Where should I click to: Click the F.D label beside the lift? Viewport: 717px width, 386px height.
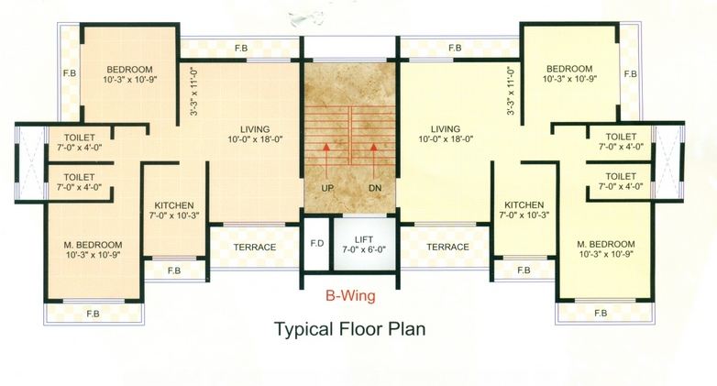click(x=317, y=244)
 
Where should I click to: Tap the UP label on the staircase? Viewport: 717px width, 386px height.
click(x=327, y=188)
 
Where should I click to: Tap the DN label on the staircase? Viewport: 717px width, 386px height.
click(x=374, y=188)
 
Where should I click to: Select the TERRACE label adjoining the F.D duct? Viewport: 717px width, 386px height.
click(x=254, y=248)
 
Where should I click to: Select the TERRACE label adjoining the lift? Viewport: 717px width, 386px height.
click(x=447, y=248)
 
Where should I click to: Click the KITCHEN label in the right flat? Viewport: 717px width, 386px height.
click(x=524, y=204)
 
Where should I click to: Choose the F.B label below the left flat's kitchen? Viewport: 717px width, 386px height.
click(x=174, y=270)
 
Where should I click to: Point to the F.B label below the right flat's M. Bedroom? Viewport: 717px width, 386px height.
click(x=601, y=314)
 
